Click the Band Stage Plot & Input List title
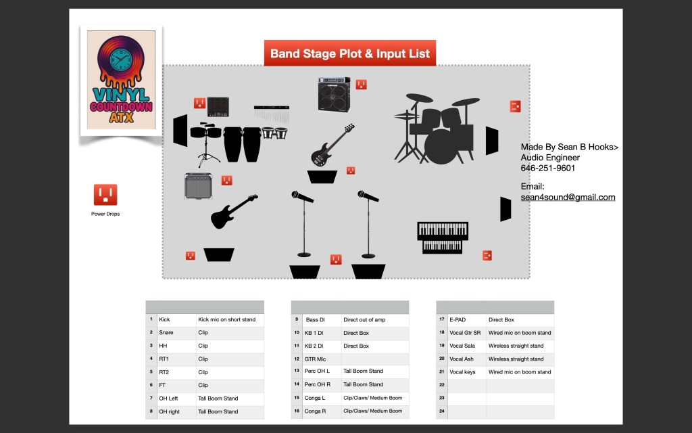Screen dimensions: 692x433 click(x=350, y=53)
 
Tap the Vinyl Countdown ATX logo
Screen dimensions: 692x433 click(x=121, y=80)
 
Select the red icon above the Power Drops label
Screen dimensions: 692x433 click(x=105, y=195)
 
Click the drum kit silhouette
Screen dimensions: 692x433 click(x=437, y=129)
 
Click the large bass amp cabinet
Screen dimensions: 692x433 click(x=334, y=95)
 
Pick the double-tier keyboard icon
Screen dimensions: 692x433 click(x=443, y=237)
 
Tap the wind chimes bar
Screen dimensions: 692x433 click(x=272, y=114)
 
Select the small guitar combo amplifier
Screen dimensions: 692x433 click(x=198, y=185)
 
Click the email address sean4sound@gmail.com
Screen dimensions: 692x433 click(x=568, y=197)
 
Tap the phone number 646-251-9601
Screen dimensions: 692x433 click(x=547, y=168)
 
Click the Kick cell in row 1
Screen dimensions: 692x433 click(x=176, y=319)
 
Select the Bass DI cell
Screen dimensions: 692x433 click(x=321, y=319)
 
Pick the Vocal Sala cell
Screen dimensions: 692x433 click(x=467, y=346)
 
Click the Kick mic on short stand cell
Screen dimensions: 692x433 click(x=230, y=319)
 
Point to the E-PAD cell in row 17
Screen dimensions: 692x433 click(x=467, y=319)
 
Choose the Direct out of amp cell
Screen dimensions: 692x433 click(x=375, y=319)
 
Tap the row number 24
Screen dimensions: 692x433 click(x=442, y=411)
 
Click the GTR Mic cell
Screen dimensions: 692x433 click(x=321, y=359)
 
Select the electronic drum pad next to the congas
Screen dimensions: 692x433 click(x=218, y=107)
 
